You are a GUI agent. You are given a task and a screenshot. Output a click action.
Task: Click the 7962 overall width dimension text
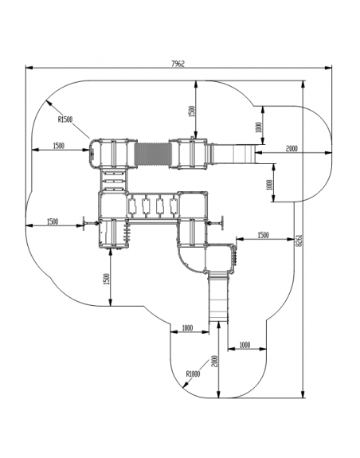178,64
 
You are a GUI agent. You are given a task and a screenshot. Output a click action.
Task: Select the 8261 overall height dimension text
299,241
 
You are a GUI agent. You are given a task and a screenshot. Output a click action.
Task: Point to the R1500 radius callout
65,119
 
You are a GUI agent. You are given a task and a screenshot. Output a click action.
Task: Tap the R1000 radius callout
193,374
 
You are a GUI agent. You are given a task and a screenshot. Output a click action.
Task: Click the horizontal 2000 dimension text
292,148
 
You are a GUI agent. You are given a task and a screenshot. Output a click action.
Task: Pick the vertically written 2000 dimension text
214,362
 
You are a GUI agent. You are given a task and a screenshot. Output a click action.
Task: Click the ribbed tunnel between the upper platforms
153,155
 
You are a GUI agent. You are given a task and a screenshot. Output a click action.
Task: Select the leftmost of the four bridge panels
131,206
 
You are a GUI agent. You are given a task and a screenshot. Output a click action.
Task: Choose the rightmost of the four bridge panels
174,206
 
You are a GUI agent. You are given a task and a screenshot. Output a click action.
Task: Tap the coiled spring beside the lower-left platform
127,231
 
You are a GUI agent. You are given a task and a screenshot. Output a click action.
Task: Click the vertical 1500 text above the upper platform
191,112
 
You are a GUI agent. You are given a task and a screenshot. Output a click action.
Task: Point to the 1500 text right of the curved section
263,235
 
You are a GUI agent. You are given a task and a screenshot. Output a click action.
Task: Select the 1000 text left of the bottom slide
187,327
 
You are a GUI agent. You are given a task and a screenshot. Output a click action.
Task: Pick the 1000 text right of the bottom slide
245,345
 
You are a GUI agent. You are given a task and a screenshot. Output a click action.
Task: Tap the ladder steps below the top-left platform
114,180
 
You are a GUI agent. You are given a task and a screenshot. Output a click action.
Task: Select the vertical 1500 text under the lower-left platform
107,279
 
